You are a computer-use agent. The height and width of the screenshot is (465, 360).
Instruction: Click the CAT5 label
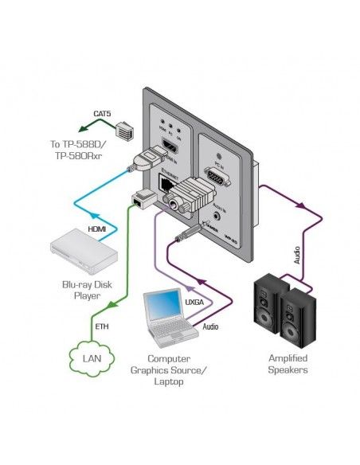[103, 115]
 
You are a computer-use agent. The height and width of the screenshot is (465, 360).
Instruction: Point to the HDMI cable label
[96, 231]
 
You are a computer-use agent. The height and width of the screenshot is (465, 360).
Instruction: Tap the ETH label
[101, 326]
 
